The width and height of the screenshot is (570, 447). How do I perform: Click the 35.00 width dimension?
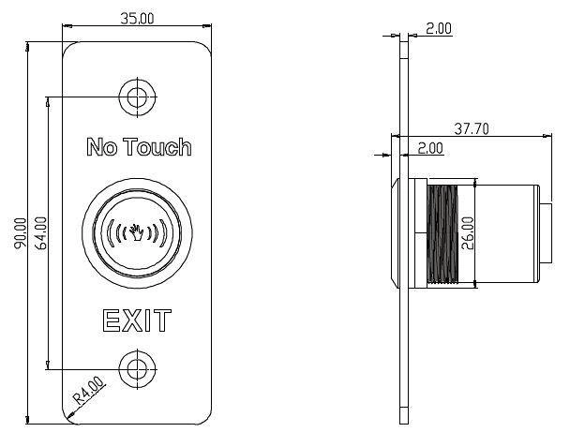click(137, 18)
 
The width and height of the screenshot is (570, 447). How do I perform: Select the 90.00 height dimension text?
click(21, 233)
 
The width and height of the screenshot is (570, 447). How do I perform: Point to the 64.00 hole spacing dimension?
click(40, 233)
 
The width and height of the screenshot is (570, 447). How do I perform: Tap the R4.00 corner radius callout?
click(89, 391)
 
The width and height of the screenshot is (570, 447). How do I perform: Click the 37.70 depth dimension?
click(472, 128)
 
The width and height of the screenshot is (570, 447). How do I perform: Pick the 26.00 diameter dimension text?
click(468, 233)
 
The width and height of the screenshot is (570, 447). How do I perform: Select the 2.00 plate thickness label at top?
click(439, 29)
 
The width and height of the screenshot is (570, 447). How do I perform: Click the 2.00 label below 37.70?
click(430, 148)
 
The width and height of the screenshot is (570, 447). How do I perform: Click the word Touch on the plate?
click(157, 147)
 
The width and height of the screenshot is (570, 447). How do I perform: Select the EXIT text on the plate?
click(137, 320)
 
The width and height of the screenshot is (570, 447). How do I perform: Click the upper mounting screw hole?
click(137, 97)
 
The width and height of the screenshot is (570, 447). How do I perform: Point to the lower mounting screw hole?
click(137, 369)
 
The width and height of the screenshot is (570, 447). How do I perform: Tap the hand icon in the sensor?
click(137, 232)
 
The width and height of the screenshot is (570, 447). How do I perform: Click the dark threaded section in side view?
click(442, 233)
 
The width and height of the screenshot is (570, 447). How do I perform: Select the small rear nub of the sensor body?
click(547, 233)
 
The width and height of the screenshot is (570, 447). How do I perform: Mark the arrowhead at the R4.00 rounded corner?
click(70, 414)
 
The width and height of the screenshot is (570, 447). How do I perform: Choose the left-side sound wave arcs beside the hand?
click(117, 232)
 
